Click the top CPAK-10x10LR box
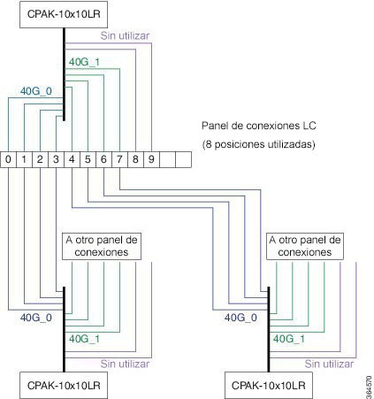click(64, 14)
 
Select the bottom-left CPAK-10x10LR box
click(64, 385)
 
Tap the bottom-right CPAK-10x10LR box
click(269, 385)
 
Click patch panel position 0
click(8, 159)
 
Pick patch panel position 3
click(56, 159)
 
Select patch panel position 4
click(72, 159)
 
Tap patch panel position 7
click(119, 159)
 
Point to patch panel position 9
click(151, 159)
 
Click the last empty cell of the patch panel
click(183, 159)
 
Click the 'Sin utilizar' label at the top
click(125, 35)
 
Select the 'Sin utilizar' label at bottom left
click(125, 364)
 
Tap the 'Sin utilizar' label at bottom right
click(329, 364)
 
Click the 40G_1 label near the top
click(84, 62)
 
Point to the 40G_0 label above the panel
click(36, 91)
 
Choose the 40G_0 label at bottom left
click(36, 318)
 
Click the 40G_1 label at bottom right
click(289, 339)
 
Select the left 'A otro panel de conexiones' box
click(102, 247)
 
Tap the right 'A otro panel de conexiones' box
click(305, 247)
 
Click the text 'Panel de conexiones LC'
click(259, 126)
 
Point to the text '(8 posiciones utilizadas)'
click(259, 144)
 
